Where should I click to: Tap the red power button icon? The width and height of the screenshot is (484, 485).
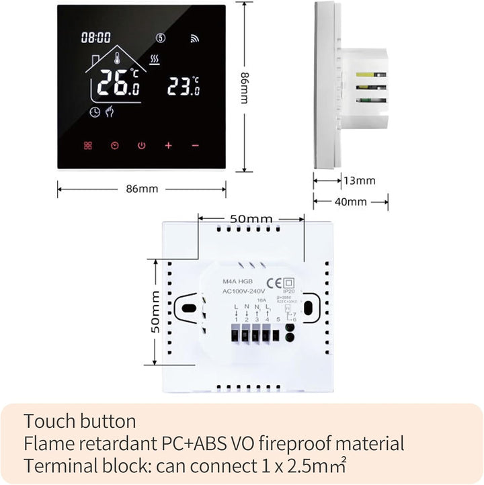pyautogui.click(x=141, y=145)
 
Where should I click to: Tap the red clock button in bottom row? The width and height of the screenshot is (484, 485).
pyautogui.click(x=114, y=145)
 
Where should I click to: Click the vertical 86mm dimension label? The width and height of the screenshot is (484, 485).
pyautogui.click(x=244, y=88)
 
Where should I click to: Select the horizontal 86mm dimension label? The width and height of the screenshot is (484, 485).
pyautogui.click(x=142, y=189)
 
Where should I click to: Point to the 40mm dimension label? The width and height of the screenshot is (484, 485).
pyautogui.click(x=351, y=202)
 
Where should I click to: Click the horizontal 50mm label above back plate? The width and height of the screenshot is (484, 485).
pyautogui.click(x=251, y=219)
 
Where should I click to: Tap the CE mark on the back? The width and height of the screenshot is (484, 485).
pyautogui.click(x=276, y=282)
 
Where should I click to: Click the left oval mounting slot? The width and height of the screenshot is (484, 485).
pyautogui.click(x=189, y=308)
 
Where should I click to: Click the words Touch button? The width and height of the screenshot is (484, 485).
pyautogui.click(x=79, y=422)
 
